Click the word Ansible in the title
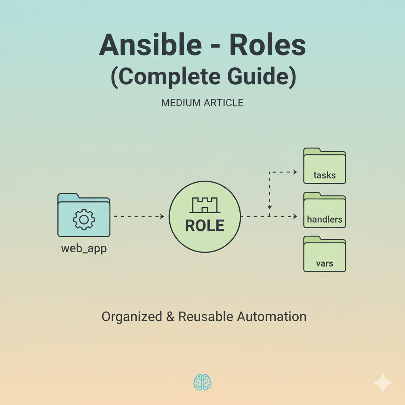pos(150,44)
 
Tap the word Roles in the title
pos(268,44)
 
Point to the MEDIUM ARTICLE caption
pos(202,103)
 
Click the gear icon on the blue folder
pos(84,220)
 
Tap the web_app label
pos(84,248)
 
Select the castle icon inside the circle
pos(205,205)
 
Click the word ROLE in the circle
pos(205,225)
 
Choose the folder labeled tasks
pos(325,166)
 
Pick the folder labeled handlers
pos(325,210)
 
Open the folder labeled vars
pos(325,254)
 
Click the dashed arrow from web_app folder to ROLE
pos(139,216)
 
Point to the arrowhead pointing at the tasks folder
pos(295,172)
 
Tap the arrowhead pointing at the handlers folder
pos(295,216)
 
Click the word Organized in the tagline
pos(132,317)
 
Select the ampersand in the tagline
pos(170,317)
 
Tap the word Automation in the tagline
pos(272,317)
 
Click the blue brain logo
pos(202,382)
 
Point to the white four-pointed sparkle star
pos(383,383)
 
